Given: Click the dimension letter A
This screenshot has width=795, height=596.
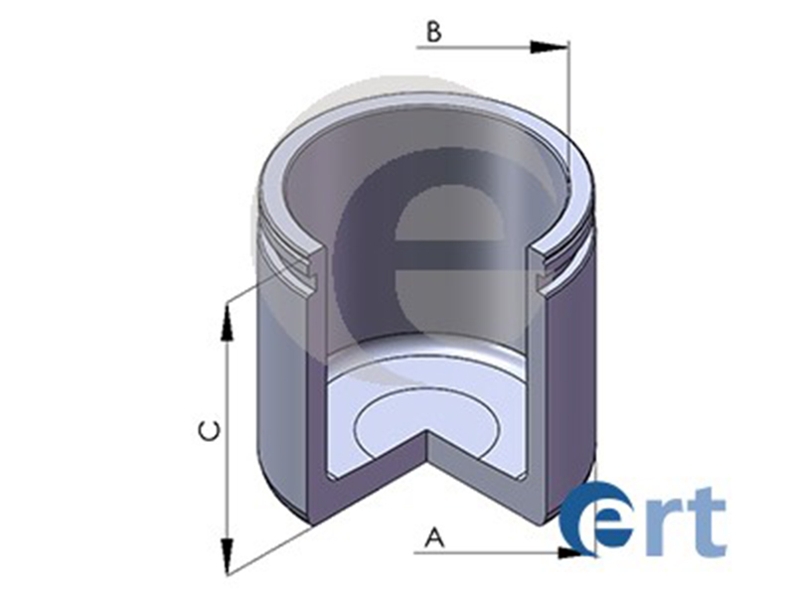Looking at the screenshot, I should coord(433,538).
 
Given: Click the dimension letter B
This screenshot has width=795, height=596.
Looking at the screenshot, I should coord(433,32).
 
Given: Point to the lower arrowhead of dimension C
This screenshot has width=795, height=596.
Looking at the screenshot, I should coord(228,556).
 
